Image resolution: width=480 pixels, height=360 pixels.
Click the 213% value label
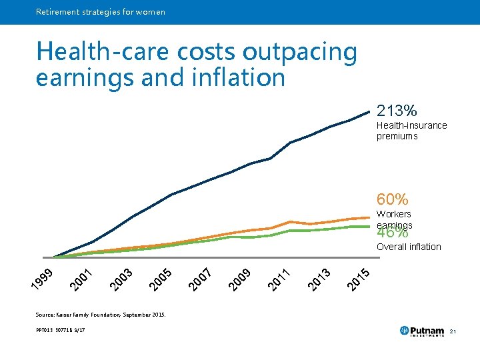pyautogui.click(x=397, y=110)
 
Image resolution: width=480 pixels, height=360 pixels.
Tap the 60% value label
pyautogui.click(x=393, y=199)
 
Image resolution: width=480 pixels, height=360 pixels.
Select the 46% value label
pyautogui.click(x=393, y=233)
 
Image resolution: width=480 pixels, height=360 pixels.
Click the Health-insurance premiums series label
pyautogui.click(x=411, y=131)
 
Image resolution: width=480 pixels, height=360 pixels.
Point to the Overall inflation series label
pyautogui.click(x=409, y=247)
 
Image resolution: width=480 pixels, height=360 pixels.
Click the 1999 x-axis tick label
pyautogui.click(x=43, y=279)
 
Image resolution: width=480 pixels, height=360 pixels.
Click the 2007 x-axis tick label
pyautogui.click(x=199, y=279)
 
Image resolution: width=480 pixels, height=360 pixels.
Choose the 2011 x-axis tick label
pyautogui.click(x=278, y=279)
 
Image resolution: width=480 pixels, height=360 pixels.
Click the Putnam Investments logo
pyautogui.click(x=421, y=331)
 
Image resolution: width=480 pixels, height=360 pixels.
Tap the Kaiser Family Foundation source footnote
pyautogui.click(x=101, y=314)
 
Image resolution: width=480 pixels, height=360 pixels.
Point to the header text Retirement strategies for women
pyautogui.click(x=101, y=12)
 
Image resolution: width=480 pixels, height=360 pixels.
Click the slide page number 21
pyautogui.click(x=453, y=331)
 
